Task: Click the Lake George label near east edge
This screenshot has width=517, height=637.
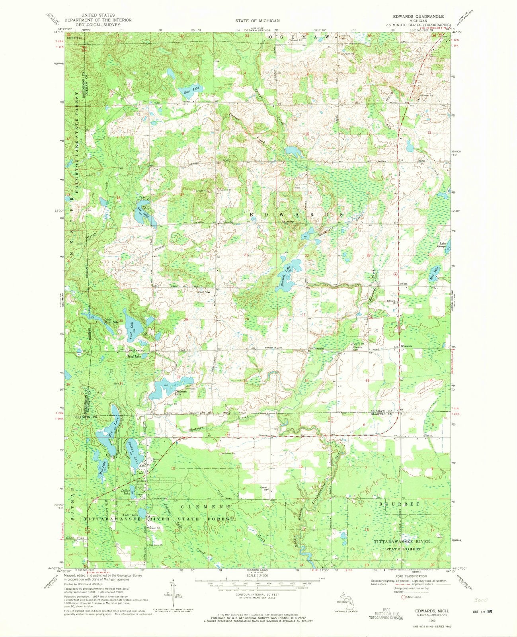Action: coord(442,245)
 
